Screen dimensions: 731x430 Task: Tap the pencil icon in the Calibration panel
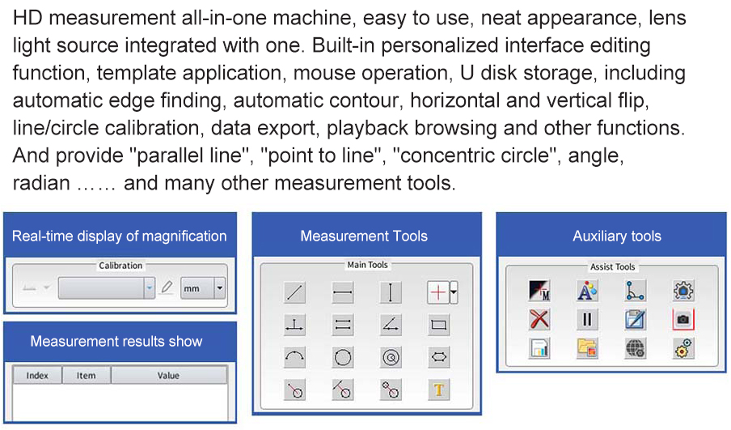coord(167,287)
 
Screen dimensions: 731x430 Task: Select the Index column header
coord(37,376)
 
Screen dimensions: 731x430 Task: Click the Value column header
coord(168,376)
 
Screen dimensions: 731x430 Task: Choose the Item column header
coord(87,376)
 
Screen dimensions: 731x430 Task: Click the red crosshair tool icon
coord(437,292)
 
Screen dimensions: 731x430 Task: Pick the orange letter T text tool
coord(439,390)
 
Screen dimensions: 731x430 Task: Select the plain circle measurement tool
coord(343,358)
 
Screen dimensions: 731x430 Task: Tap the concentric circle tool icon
coord(391,358)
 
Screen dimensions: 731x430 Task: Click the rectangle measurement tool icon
coord(439,325)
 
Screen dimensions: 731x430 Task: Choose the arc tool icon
coord(294,358)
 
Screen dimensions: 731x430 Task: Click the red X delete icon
coord(539,319)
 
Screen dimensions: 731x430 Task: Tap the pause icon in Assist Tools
coord(587,319)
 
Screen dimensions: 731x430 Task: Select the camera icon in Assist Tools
coord(683,319)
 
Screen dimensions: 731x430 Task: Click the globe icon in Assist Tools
coord(636,348)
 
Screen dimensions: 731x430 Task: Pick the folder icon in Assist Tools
coord(587,348)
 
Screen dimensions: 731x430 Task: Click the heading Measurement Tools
coord(364,236)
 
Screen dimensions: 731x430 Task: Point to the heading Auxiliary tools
coord(617,236)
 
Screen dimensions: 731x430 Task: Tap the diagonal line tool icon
coord(294,292)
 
